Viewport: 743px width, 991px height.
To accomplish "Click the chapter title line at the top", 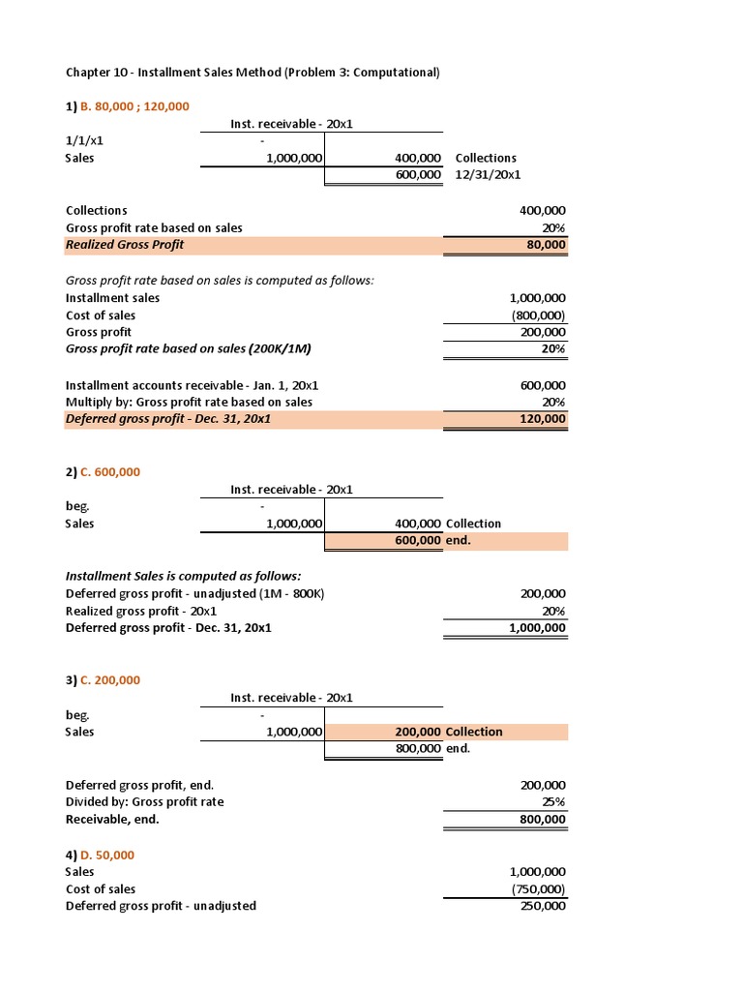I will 252,73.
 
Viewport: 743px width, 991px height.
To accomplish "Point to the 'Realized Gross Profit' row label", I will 125,245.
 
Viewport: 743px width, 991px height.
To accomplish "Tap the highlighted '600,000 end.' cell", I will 432,541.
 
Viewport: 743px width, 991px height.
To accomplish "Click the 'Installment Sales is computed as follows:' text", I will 169,576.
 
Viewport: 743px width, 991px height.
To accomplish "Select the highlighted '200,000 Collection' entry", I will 448,732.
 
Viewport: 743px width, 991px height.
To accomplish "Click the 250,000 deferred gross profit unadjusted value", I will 544,906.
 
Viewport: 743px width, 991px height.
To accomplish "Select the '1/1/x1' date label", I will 83,140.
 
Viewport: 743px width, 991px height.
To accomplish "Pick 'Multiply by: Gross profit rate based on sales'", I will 189,402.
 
